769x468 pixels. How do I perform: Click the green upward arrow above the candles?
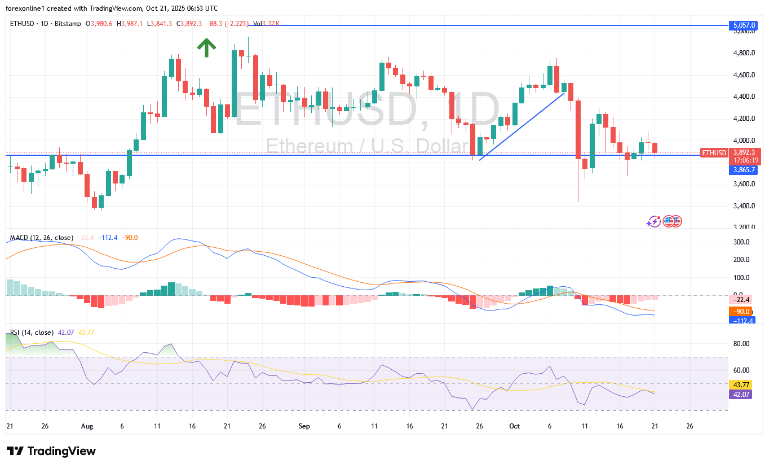pos(207,47)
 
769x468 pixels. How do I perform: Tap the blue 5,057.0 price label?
pos(742,25)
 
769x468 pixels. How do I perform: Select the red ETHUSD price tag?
pos(714,152)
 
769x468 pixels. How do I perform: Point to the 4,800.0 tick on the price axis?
pos(744,53)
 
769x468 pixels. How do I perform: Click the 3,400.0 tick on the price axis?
pos(744,206)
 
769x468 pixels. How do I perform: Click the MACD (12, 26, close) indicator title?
pos(39,238)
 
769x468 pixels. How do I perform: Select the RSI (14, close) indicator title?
pos(32,333)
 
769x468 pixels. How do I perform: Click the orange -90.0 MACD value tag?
pos(741,312)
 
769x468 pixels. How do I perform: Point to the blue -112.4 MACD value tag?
pos(741,321)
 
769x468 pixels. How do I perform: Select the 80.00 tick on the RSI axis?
pos(741,344)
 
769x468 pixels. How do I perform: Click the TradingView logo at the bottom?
pos(51,451)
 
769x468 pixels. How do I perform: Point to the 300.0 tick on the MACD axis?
pos(741,242)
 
